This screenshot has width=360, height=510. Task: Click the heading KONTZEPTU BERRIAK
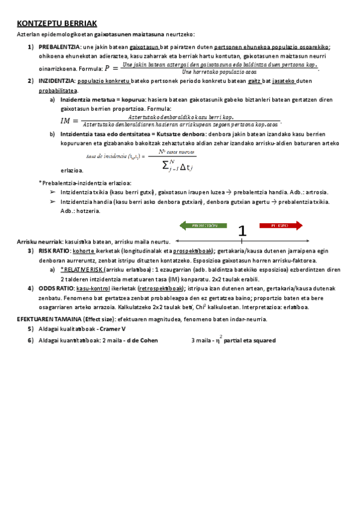point(57,23)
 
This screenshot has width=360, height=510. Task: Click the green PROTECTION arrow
point(203,226)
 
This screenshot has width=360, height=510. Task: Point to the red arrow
point(282,226)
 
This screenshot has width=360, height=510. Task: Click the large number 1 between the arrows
point(242,231)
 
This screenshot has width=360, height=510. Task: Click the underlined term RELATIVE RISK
point(82,270)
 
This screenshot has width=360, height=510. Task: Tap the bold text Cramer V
point(113,329)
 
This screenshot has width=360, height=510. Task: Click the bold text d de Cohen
point(142,340)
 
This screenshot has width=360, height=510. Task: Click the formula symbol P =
point(111,69)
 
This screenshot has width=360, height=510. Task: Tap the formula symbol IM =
point(70,121)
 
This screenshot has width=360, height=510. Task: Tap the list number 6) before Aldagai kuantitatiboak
point(30,340)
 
